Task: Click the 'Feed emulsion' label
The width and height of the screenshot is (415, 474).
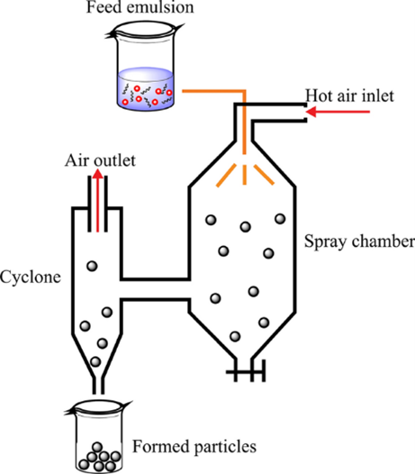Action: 140,7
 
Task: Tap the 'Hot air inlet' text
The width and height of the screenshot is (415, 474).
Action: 349,96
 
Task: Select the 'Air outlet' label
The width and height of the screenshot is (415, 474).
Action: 100,160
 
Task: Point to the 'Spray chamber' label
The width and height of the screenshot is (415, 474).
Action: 359,242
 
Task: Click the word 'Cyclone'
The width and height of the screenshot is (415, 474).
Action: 31,278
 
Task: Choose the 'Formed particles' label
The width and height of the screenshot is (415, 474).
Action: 194,446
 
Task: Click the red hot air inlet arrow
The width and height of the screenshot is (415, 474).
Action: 338,112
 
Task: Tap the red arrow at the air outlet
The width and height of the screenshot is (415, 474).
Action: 97,201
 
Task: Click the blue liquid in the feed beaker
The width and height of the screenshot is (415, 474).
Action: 146,88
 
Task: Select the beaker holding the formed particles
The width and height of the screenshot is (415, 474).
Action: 98,437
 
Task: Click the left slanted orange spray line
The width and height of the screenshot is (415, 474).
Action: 226,176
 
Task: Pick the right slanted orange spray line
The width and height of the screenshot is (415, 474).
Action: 264,175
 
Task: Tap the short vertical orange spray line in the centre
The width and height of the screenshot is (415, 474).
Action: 245,175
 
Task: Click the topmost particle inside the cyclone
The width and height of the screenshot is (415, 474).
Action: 92,266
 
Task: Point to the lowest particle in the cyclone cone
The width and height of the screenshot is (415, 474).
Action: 95,361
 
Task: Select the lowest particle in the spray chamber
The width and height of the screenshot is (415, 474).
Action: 235,336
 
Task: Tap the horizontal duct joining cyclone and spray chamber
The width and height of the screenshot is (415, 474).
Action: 155,289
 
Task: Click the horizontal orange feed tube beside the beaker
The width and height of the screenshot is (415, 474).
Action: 213,91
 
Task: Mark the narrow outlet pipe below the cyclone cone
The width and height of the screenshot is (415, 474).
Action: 98,386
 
